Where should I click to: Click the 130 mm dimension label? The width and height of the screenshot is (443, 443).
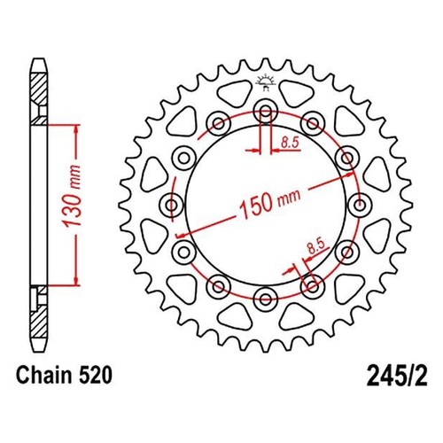tap(72, 197)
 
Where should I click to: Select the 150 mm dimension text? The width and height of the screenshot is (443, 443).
tap(270, 202)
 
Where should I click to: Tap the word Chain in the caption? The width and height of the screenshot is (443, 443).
tap(44, 376)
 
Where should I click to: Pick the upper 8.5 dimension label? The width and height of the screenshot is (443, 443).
tap(290, 143)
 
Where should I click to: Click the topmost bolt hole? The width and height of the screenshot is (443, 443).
tap(266, 112)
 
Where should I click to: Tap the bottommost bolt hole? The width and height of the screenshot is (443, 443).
tap(266, 299)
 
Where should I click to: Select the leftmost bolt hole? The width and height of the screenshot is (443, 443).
tap(172, 205)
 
